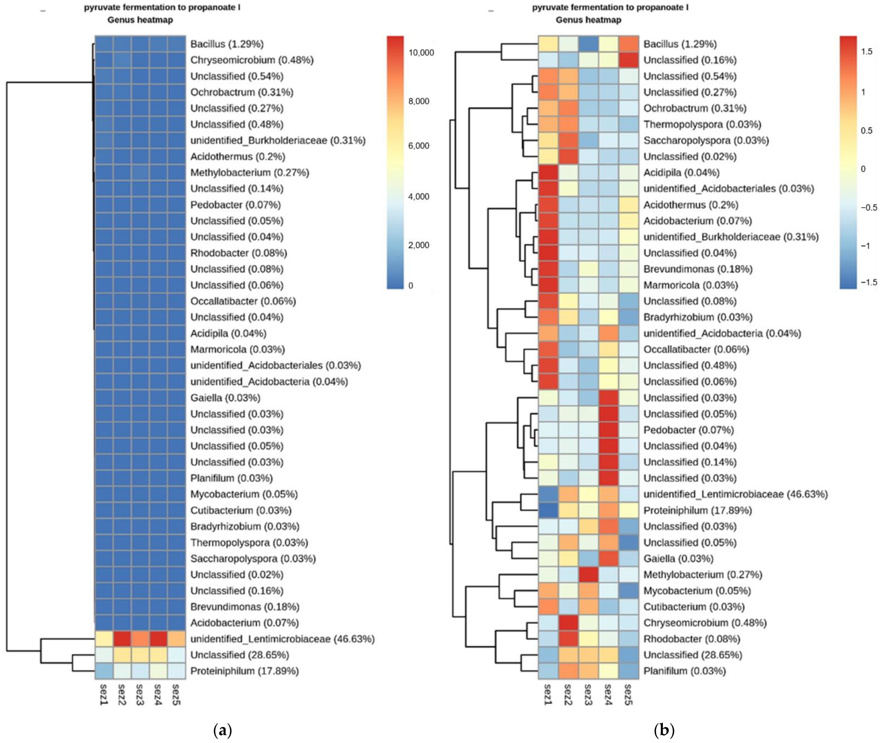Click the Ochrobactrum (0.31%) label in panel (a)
pyautogui.click(x=241, y=92)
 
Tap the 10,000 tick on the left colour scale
pyautogui.click(x=421, y=53)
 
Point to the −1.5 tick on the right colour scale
pyautogui.click(x=868, y=283)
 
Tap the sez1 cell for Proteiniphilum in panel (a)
pyautogui.click(x=104, y=671)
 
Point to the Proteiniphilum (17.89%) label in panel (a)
pyautogui.click(x=244, y=671)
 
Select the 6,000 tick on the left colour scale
pyautogui.click(x=419, y=146)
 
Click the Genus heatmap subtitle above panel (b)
pyautogui.click(x=588, y=20)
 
